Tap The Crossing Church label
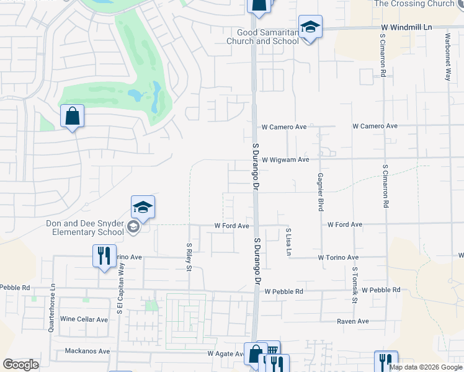pos(415,4)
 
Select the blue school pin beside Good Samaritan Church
pos(310,27)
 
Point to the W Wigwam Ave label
pos(285,159)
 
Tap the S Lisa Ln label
pos(288,242)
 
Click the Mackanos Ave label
pos(87,351)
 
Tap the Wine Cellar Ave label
pos(84,319)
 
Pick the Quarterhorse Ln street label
pos(51,308)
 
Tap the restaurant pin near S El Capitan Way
pos(104,255)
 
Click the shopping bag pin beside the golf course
pos(73,116)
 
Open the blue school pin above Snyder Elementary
pos(143,207)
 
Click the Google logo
pos(20,365)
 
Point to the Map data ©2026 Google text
pos(426,367)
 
